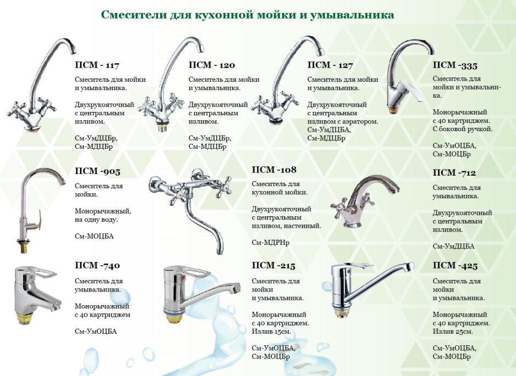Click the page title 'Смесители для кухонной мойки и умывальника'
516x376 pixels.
(247, 15)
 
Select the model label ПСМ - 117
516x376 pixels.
(97, 65)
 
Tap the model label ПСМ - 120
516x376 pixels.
(211, 65)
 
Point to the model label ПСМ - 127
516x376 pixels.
(330, 65)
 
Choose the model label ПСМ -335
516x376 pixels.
(455, 65)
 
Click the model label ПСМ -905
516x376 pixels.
(97, 171)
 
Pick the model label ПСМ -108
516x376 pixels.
(274, 170)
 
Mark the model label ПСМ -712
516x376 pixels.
(454, 173)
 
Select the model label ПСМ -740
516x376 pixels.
(97, 265)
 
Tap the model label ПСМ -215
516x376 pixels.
(273, 265)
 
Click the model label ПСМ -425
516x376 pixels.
(455, 265)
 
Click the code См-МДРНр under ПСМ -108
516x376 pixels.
(271, 243)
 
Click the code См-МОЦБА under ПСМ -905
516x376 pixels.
(94, 236)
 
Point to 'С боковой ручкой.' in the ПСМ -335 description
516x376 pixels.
(463, 129)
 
